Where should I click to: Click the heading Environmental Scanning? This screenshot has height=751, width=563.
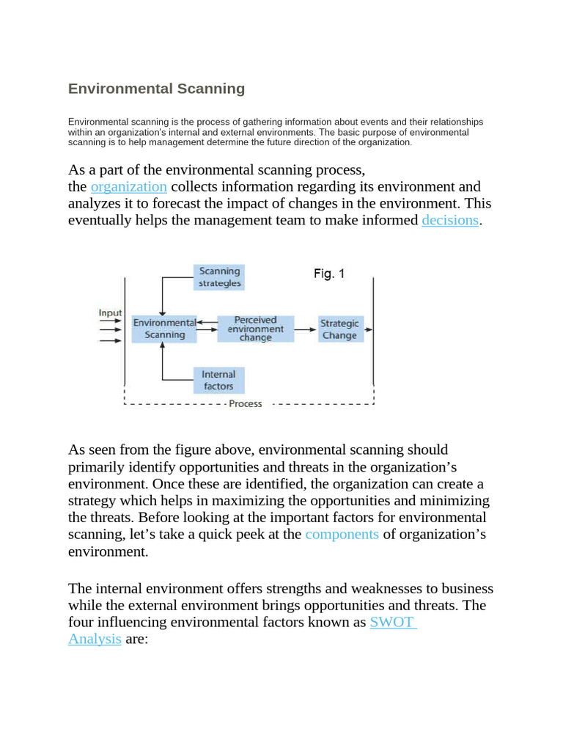pyautogui.click(x=156, y=89)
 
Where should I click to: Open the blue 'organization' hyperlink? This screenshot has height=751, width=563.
pyautogui.click(x=128, y=186)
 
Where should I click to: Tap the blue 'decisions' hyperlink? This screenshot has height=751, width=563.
pyautogui.click(x=450, y=220)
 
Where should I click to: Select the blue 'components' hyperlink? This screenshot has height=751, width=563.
pyautogui.click(x=342, y=534)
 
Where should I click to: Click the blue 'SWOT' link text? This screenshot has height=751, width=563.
pyautogui.click(x=392, y=622)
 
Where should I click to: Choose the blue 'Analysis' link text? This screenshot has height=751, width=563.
pyautogui.click(x=95, y=639)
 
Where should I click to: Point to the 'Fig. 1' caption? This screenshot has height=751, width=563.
pyautogui.click(x=329, y=274)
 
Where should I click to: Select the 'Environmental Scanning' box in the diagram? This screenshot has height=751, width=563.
pyautogui.click(x=164, y=329)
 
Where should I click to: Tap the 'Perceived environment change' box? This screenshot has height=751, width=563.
pyautogui.click(x=255, y=329)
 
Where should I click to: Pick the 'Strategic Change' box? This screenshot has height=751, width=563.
pyautogui.click(x=339, y=329)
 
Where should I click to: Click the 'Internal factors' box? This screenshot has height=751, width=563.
pyautogui.click(x=218, y=380)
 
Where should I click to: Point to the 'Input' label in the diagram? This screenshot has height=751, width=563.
pyautogui.click(x=110, y=313)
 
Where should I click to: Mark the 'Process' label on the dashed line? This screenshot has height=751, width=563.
pyautogui.click(x=245, y=404)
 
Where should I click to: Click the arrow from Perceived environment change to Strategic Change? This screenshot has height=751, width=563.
pyautogui.click(x=304, y=329)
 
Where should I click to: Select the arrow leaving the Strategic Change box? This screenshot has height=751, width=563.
pyautogui.click(x=368, y=329)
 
